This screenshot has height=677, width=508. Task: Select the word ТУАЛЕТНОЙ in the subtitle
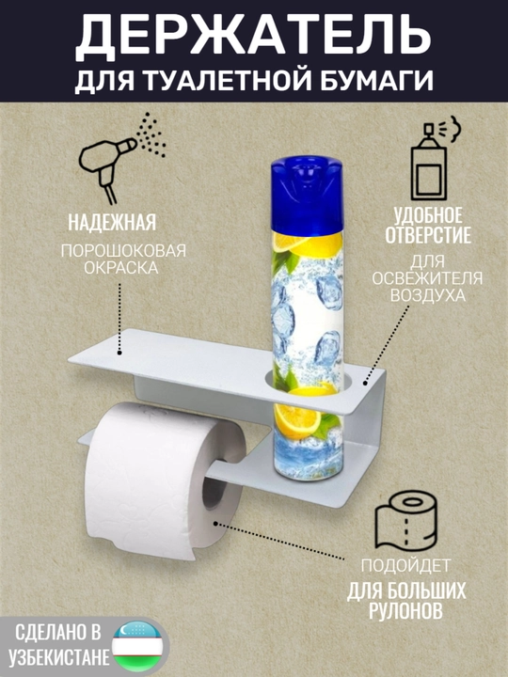tap(227, 80)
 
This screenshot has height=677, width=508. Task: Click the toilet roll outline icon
tap(406, 521)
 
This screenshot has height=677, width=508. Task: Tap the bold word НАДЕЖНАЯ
tap(112, 223)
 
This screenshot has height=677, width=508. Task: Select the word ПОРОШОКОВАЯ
tap(123, 250)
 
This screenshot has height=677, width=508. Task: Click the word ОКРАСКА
tap(121, 268)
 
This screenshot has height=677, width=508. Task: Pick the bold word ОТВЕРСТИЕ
tap(428, 235)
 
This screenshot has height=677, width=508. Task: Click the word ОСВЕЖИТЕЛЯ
tap(427, 278)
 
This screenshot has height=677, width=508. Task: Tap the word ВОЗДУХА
tap(428, 296)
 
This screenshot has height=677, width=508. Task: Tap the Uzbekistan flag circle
tap(137, 646)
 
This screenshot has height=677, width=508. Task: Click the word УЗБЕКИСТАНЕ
tap(59, 657)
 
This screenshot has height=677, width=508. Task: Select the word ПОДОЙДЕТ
tap(405, 566)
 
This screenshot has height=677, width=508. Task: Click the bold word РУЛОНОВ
tap(405, 610)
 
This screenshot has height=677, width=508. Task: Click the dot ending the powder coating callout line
tap(119, 354)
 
